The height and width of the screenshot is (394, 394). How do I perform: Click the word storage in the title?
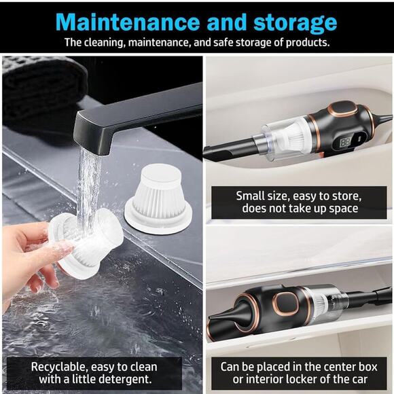293,22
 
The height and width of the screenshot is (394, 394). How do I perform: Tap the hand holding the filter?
31,255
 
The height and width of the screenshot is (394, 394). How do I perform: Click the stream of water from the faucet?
88,183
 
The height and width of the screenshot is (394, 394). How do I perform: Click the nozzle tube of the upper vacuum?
231,146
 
